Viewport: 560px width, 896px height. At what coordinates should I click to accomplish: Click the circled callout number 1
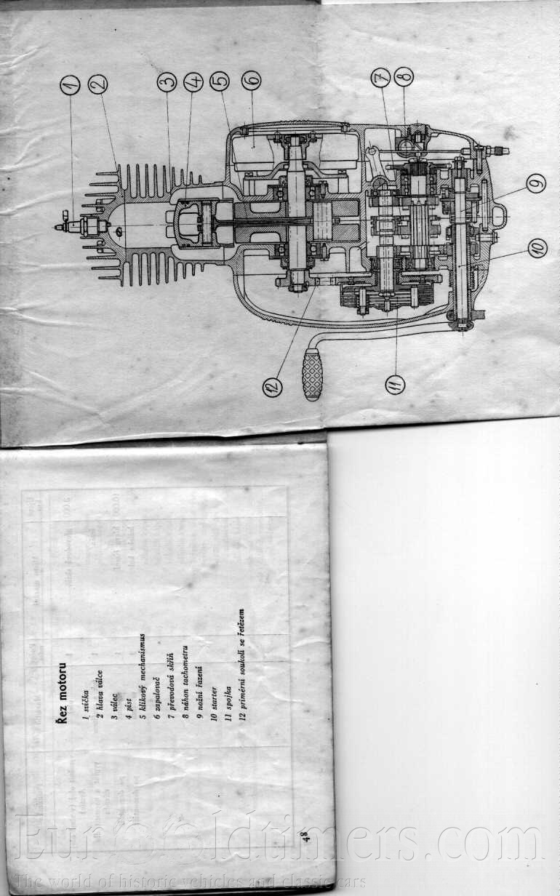pos(70,86)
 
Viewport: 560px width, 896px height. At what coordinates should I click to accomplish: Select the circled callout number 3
pos(167,83)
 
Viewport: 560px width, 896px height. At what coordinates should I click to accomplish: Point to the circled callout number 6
pos(251,79)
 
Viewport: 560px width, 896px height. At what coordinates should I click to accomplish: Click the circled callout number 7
pos(380,78)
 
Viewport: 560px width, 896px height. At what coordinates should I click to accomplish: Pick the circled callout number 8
pos(404,75)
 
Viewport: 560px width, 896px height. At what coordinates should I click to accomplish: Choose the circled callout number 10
pos(537,248)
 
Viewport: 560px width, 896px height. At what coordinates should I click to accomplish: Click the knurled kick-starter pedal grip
pos(312,374)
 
